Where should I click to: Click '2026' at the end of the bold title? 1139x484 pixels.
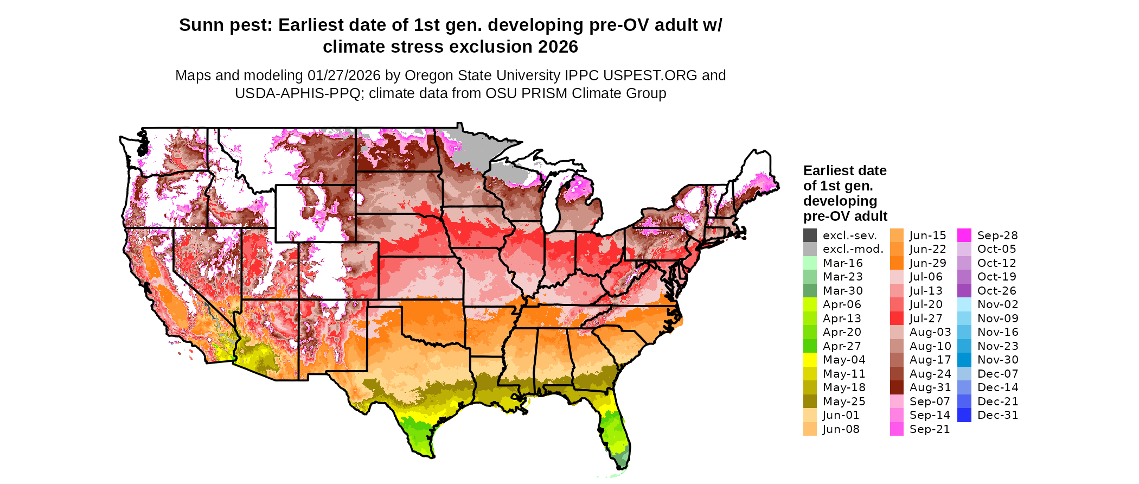click(558, 47)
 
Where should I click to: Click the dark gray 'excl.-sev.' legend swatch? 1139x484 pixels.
click(810, 235)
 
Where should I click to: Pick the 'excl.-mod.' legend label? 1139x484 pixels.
click(853, 250)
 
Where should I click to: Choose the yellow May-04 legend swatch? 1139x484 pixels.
click(810, 360)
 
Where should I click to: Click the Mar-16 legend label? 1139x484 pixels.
click(842, 263)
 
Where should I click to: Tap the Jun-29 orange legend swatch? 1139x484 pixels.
click(897, 263)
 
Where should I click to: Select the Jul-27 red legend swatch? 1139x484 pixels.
click(897, 319)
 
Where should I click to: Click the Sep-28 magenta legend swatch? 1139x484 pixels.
click(964, 235)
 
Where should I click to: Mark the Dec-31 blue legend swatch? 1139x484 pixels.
click(964, 415)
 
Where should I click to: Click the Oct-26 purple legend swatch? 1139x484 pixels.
click(964, 291)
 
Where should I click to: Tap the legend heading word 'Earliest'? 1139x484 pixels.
click(829, 171)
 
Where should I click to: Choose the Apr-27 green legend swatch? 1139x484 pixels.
click(810, 346)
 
